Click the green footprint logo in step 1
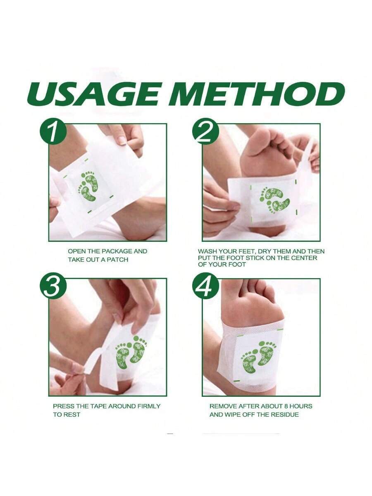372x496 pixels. click(x=88, y=186)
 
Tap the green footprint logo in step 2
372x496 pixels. click(x=274, y=200)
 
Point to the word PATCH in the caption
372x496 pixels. click(x=117, y=260)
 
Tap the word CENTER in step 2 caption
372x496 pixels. click(x=304, y=258)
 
